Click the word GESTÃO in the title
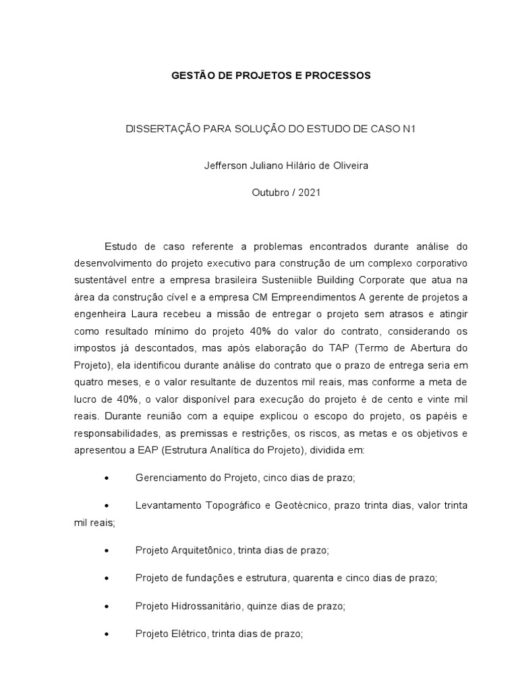click(193, 76)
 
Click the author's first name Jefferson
click(226, 165)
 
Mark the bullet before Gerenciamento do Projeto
click(109, 478)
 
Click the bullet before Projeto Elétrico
click(109, 634)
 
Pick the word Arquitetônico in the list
click(201, 551)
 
